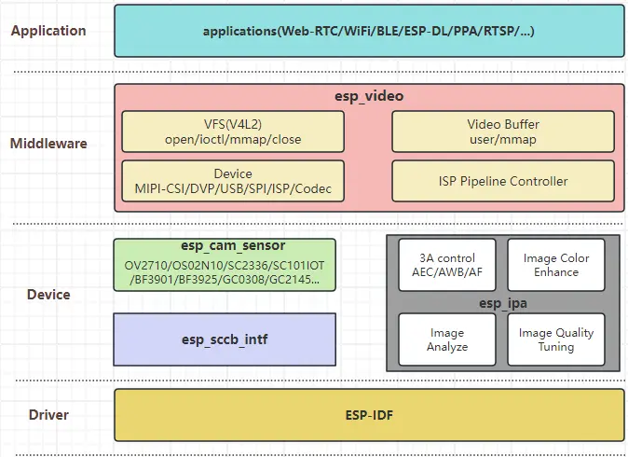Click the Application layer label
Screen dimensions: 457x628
click(x=48, y=31)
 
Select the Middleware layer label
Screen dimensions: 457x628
click(x=48, y=144)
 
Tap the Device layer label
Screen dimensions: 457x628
click(x=48, y=295)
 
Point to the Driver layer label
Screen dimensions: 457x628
click(x=48, y=413)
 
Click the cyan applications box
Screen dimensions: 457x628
click(x=369, y=31)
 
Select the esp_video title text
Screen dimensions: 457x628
click(x=369, y=96)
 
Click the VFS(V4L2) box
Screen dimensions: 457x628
click(x=233, y=132)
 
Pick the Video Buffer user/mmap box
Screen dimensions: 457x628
click(x=502, y=132)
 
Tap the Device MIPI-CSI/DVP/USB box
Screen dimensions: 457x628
click(x=233, y=181)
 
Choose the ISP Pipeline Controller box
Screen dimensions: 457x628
click(x=502, y=181)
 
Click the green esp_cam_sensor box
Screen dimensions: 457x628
click(x=224, y=264)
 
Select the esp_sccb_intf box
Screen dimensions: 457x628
click(x=224, y=339)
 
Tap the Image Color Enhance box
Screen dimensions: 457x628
click(x=555, y=265)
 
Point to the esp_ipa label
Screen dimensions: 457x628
click(x=501, y=302)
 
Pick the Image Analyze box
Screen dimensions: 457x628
click(x=446, y=339)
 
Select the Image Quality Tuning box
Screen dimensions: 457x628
click(x=555, y=339)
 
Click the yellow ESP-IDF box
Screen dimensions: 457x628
click(x=369, y=414)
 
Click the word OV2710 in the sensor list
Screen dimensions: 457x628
click(x=146, y=265)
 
